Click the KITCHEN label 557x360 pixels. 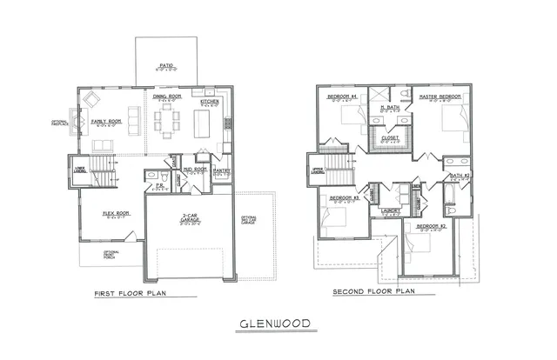(210, 102)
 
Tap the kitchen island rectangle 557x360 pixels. (202, 124)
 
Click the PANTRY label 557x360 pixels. (221, 170)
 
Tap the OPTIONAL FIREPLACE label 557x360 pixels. (60, 123)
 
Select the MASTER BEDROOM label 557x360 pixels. (440, 97)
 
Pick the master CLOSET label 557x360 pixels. (390, 137)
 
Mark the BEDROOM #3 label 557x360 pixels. (337, 198)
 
